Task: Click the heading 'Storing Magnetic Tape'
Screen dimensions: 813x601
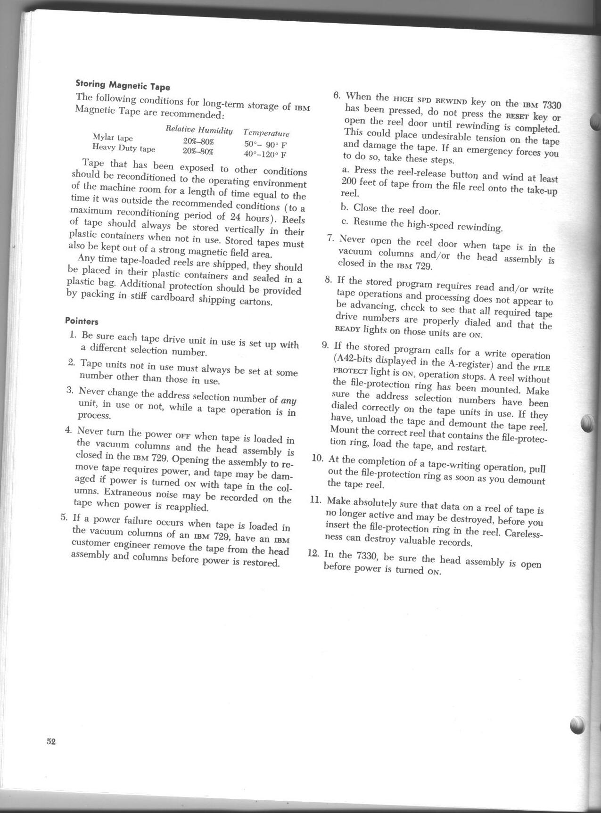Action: (123, 85)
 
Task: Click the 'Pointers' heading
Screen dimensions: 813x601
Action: (82, 321)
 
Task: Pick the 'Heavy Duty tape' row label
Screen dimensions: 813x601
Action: (123, 148)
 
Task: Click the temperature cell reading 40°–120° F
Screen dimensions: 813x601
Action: (265, 154)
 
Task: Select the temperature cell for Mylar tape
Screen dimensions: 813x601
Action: (265, 144)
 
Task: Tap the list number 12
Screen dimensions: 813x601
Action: (313, 552)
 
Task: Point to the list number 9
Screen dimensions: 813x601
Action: (325, 345)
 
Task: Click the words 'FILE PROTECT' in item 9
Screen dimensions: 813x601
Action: (533, 367)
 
